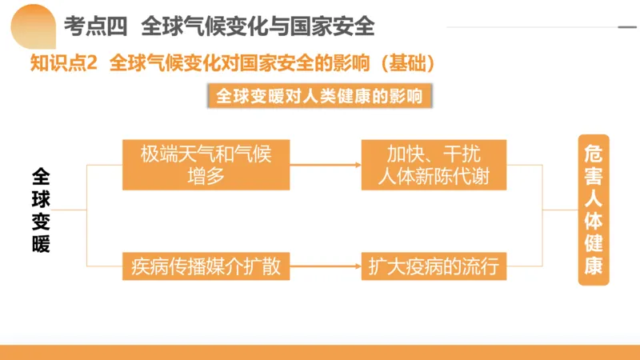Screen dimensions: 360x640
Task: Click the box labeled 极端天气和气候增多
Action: click(x=206, y=165)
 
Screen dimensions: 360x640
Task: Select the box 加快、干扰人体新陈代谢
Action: click(x=433, y=165)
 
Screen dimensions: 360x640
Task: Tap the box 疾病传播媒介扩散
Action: click(x=206, y=266)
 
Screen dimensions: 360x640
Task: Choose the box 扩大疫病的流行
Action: click(x=433, y=266)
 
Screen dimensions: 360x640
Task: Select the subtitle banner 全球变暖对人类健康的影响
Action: click(x=319, y=97)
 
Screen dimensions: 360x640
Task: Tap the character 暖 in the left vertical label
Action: click(x=41, y=242)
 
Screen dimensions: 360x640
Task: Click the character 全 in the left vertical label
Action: click(x=41, y=175)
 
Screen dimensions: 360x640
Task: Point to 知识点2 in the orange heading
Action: click(x=63, y=62)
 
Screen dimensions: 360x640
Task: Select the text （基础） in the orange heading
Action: click(x=403, y=62)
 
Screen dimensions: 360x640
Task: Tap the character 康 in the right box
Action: click(x=593, y=266)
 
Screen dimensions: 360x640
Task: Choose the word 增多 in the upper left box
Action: click(x=206, y=177)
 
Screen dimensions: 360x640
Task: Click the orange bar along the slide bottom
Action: click(x=320, y=352)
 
